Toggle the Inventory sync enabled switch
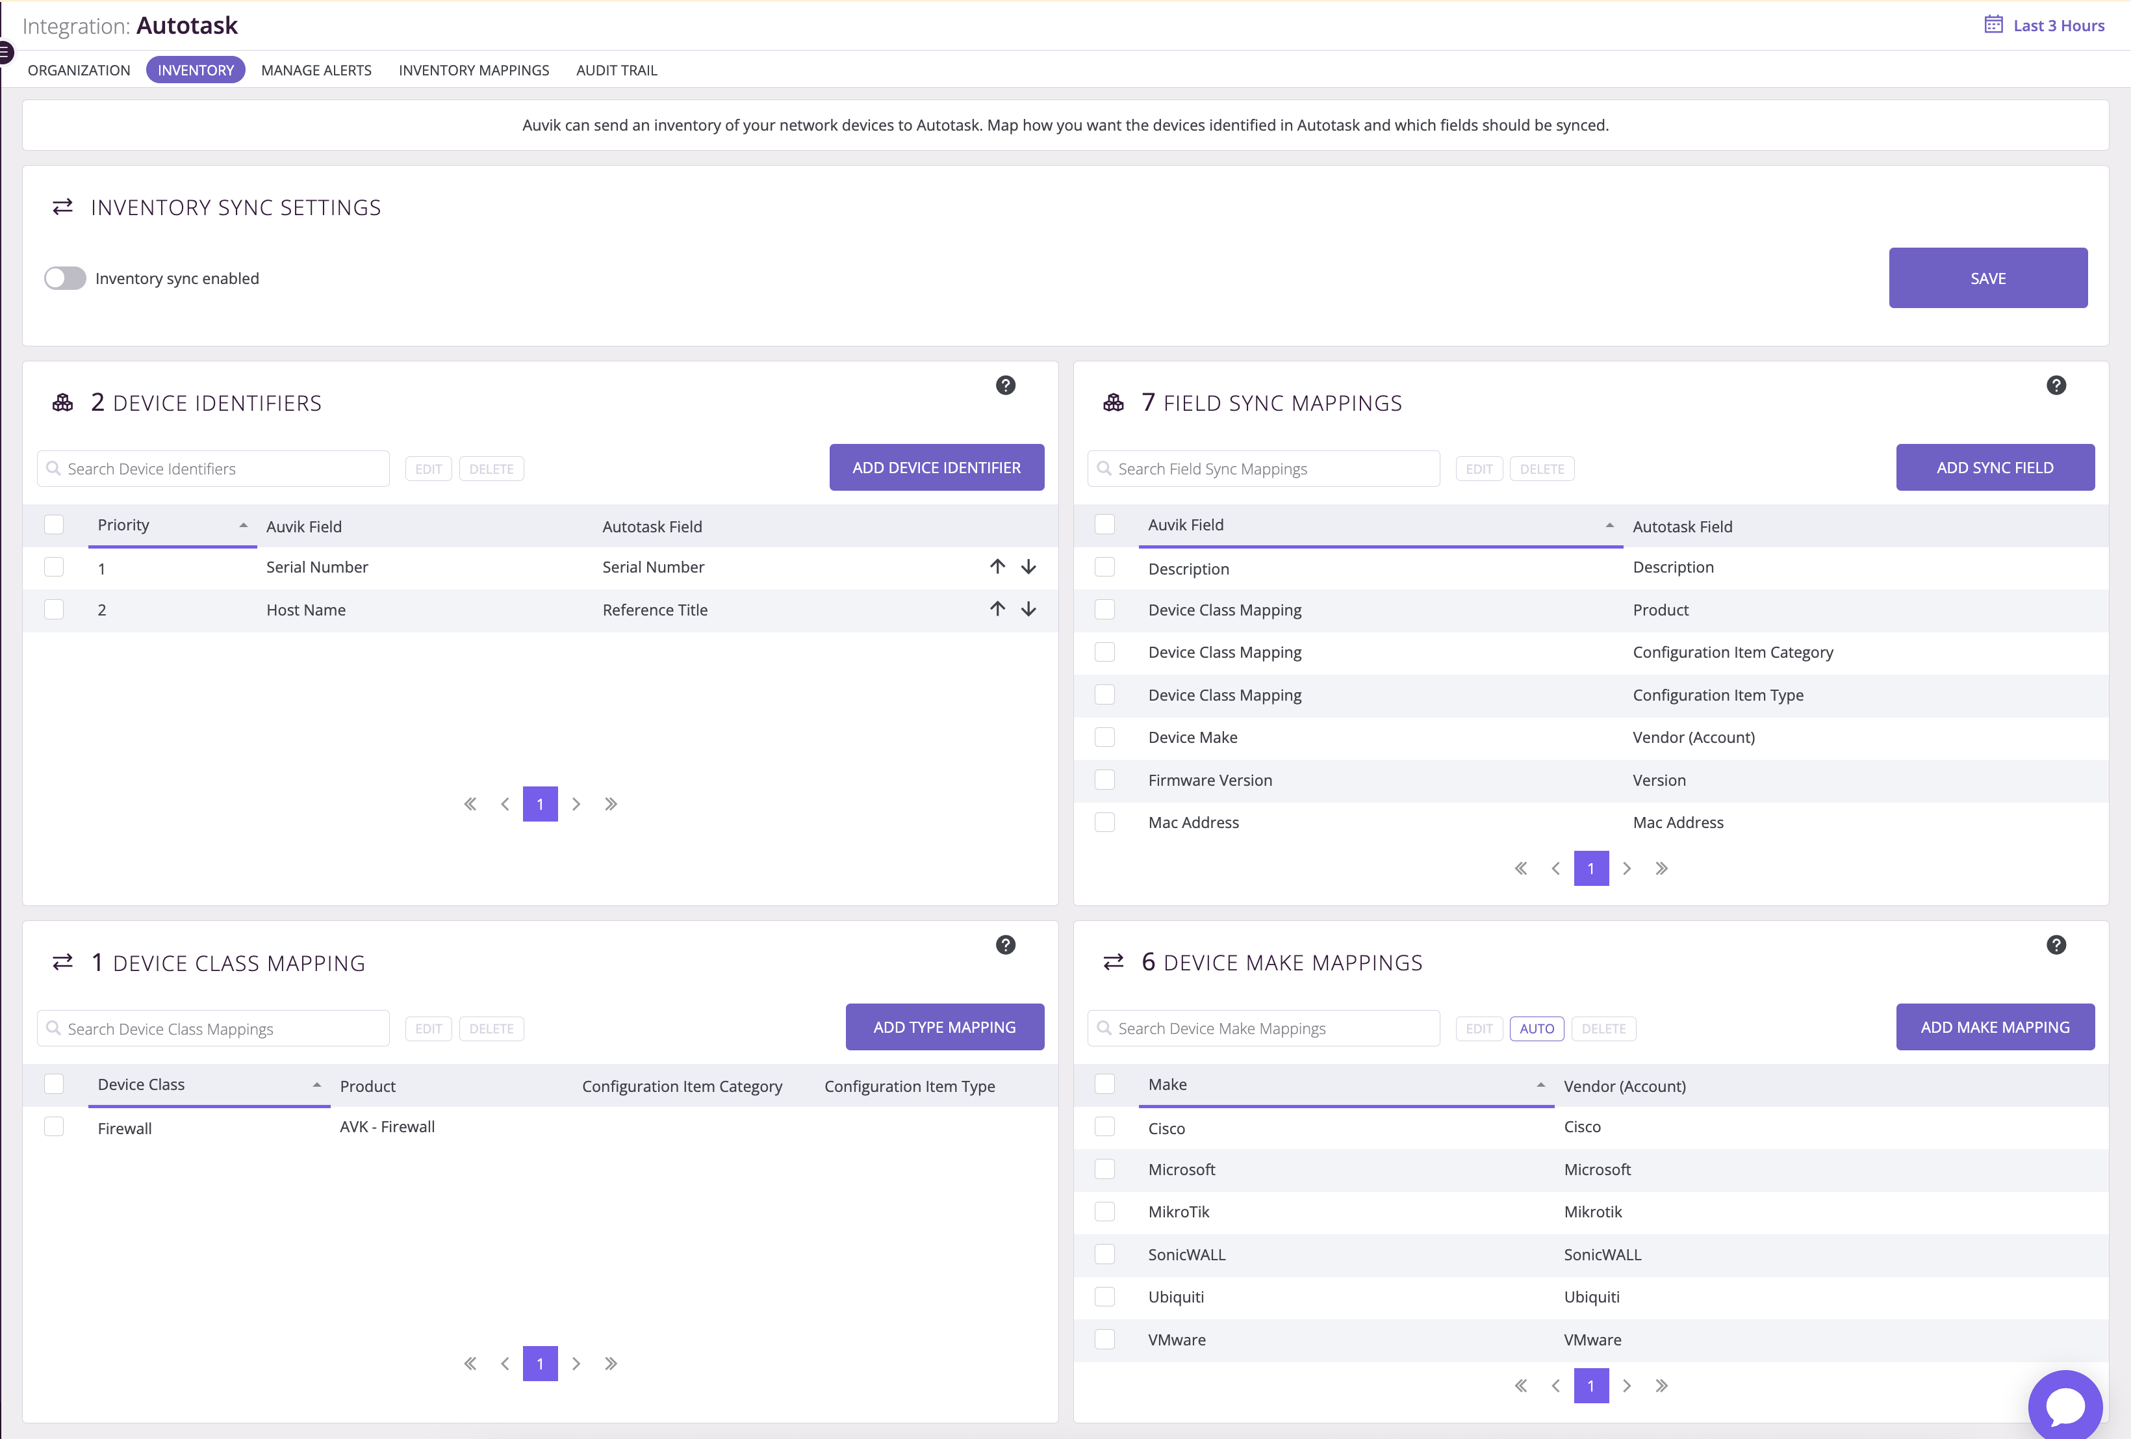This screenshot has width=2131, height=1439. [x=65, y=278]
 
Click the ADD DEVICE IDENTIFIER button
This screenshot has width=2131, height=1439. [x=936, y=468]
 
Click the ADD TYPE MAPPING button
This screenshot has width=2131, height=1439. [x=945, y=1027]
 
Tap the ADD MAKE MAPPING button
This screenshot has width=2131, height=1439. [x=1995, y=1027]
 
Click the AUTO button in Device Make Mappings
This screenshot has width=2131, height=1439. [x=1537, y=1028]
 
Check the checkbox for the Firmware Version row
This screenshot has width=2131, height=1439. [x=1105, y=779]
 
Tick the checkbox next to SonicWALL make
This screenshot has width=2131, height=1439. [x=1105, y=1254]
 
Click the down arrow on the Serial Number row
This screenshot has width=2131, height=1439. [x=1029, y=567]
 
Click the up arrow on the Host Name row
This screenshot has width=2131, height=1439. [x=998, y=609]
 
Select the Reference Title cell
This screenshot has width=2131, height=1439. [x=655, y=610]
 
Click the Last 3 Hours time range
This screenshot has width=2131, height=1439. [x=2044, y=26]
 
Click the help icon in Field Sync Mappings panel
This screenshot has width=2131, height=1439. [x=2057, y=385]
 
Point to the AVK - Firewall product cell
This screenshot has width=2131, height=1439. [x=387, y=1126]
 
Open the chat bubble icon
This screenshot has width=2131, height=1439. [x=2065, y=1405]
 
